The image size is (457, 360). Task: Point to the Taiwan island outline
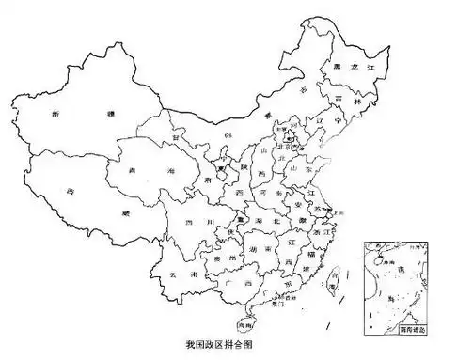331,281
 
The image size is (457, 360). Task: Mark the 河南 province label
270,199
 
